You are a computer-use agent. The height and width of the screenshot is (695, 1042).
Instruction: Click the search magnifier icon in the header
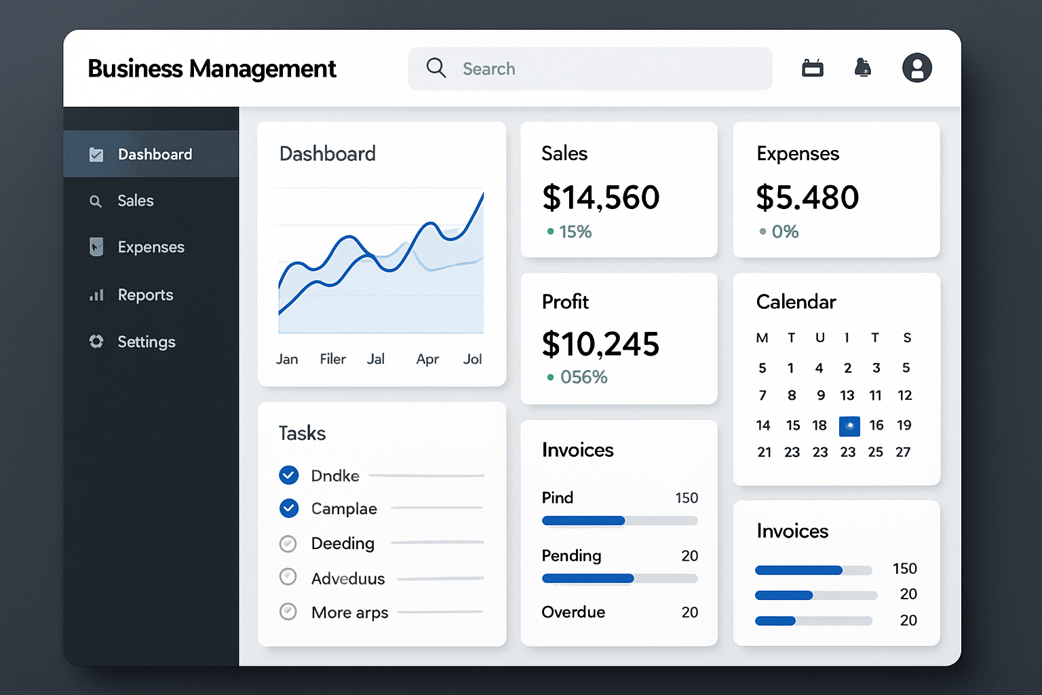436,68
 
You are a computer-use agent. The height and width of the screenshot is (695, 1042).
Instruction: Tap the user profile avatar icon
916,68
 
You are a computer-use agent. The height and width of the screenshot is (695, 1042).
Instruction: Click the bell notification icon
862,68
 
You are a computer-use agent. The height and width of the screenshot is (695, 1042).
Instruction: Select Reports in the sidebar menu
145,295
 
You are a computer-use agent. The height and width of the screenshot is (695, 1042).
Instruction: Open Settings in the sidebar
146,342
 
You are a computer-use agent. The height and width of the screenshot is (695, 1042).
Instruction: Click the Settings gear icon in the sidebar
96,341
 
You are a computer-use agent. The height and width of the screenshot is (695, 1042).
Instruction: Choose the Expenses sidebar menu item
151,247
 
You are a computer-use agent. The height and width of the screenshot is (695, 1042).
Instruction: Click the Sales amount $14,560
600,198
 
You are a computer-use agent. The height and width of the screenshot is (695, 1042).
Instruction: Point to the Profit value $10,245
600,344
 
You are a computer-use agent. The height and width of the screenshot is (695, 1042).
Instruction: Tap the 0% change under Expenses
784,232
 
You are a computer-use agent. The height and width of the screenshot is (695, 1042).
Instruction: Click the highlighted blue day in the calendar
849,426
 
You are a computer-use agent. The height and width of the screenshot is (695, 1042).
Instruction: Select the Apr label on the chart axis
427,359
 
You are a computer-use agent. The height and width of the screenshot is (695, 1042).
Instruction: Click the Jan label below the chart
287,359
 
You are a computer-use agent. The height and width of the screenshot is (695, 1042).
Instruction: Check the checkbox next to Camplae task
289,508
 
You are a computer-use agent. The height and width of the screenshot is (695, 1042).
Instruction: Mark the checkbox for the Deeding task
288,544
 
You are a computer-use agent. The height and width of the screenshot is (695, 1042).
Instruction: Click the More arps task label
349,613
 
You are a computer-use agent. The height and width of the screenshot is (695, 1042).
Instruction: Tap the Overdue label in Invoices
573,612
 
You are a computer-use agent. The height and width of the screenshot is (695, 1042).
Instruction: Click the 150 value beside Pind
687,498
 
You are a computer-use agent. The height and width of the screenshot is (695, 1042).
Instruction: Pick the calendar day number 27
903,452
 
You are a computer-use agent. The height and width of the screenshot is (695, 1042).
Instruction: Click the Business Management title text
212,69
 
